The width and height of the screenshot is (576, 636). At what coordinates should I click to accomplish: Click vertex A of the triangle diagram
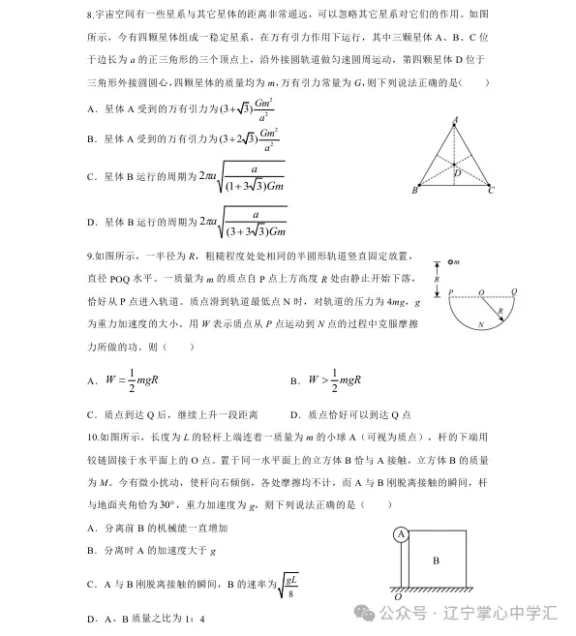pyautogui.click(x=454, y=120)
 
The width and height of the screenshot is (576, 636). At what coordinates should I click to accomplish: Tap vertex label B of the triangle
pyautogui.click(x=414, y=191)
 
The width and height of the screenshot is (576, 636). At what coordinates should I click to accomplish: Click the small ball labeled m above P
pyautogui.click(x=452, y=262)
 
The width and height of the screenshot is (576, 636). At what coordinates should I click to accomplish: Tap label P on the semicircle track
pyautogui.click(x=450, y=290)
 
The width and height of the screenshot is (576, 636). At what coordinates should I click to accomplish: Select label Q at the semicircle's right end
pyautogui.click(x=514, y=290)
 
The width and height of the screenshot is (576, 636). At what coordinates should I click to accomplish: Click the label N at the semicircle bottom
pyautogui.click(x=480, y=326)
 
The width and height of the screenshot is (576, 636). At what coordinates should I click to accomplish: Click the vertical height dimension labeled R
pyautogui.click(x=438, y=277)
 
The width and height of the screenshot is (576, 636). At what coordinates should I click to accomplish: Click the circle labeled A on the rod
pyautogui.click(x=401, y=534)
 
